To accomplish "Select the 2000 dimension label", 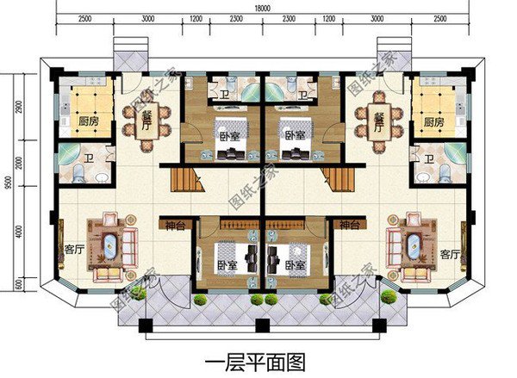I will (19, 164).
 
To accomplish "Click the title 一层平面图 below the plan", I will (256, 356).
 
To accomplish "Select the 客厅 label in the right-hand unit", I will (448, 254).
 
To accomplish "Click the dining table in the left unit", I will (141, 121).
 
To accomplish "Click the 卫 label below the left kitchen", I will (90, 159).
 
